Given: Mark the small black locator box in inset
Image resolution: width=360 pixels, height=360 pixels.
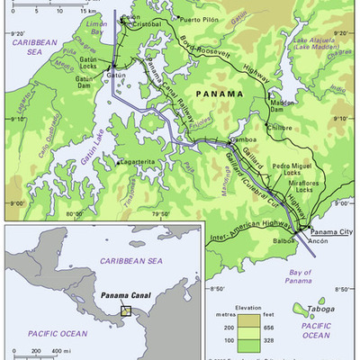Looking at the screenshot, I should pyautogui.click(x=126, y=310).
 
